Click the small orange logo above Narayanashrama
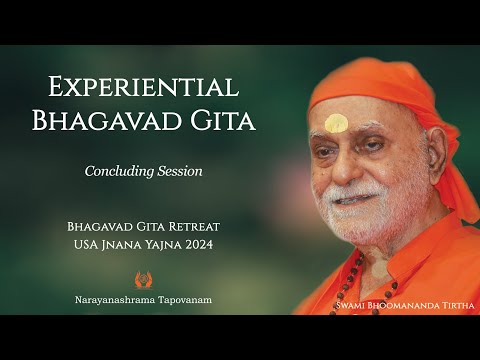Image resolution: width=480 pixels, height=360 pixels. tap(143, 280)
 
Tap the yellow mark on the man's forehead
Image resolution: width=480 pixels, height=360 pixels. tap(337, 122)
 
